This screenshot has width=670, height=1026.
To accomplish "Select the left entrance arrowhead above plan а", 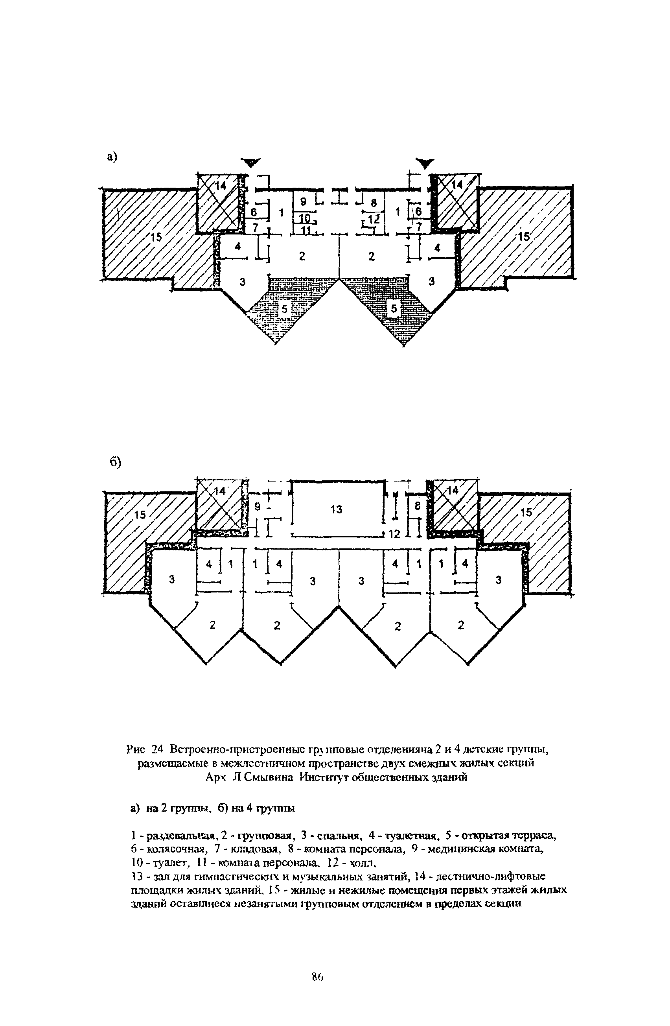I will [x=252, y=162].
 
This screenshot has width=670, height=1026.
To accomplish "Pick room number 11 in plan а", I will [x=306, y=230].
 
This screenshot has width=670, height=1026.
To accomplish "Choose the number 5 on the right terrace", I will [x=393, y=309].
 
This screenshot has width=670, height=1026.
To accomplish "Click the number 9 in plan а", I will [x=303, y=201].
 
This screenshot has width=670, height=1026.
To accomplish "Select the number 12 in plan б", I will [x=394, y=534].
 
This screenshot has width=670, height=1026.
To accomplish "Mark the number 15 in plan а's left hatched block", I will [x=156, y=237].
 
